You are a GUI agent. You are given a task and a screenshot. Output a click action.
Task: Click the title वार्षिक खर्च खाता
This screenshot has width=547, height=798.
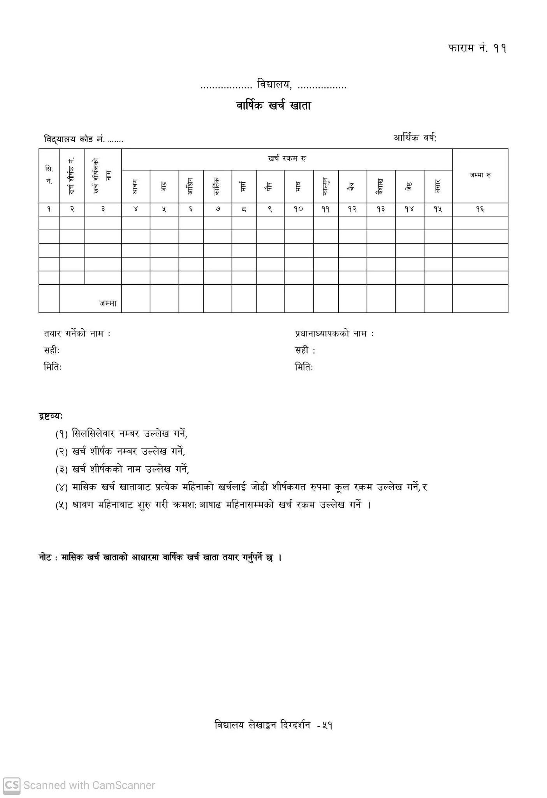pos(273,106)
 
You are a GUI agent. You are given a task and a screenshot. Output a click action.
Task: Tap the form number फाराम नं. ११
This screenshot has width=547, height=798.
pos(477,48)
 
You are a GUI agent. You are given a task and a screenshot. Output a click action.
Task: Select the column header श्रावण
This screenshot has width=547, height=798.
pos(135,187)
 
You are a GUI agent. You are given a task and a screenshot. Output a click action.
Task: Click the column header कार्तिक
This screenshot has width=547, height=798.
pos(217,186)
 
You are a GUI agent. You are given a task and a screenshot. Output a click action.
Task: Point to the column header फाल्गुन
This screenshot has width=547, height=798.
pos(325,186)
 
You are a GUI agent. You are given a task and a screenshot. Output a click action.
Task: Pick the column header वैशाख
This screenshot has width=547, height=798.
pos(381,186)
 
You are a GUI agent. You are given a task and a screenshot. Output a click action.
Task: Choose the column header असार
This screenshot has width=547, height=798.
pos(438,186)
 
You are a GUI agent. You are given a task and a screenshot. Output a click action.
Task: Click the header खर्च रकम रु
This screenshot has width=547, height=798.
pos(287,159)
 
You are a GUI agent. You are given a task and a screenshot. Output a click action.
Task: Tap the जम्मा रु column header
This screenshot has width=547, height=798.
pos(480,175)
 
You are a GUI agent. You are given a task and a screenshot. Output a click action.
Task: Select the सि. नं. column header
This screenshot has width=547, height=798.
pos(49,175)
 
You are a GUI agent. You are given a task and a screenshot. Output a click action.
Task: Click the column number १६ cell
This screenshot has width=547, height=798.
pos(480,210)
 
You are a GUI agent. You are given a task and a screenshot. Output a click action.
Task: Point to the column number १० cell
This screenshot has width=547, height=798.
pos(299,210)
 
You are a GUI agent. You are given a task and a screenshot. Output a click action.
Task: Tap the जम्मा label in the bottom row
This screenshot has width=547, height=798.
pos(107,303)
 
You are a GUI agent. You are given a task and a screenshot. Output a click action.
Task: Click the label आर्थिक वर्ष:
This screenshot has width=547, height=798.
pos(415,138)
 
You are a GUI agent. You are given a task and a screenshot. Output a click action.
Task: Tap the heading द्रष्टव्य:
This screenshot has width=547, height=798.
pos(51,416)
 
